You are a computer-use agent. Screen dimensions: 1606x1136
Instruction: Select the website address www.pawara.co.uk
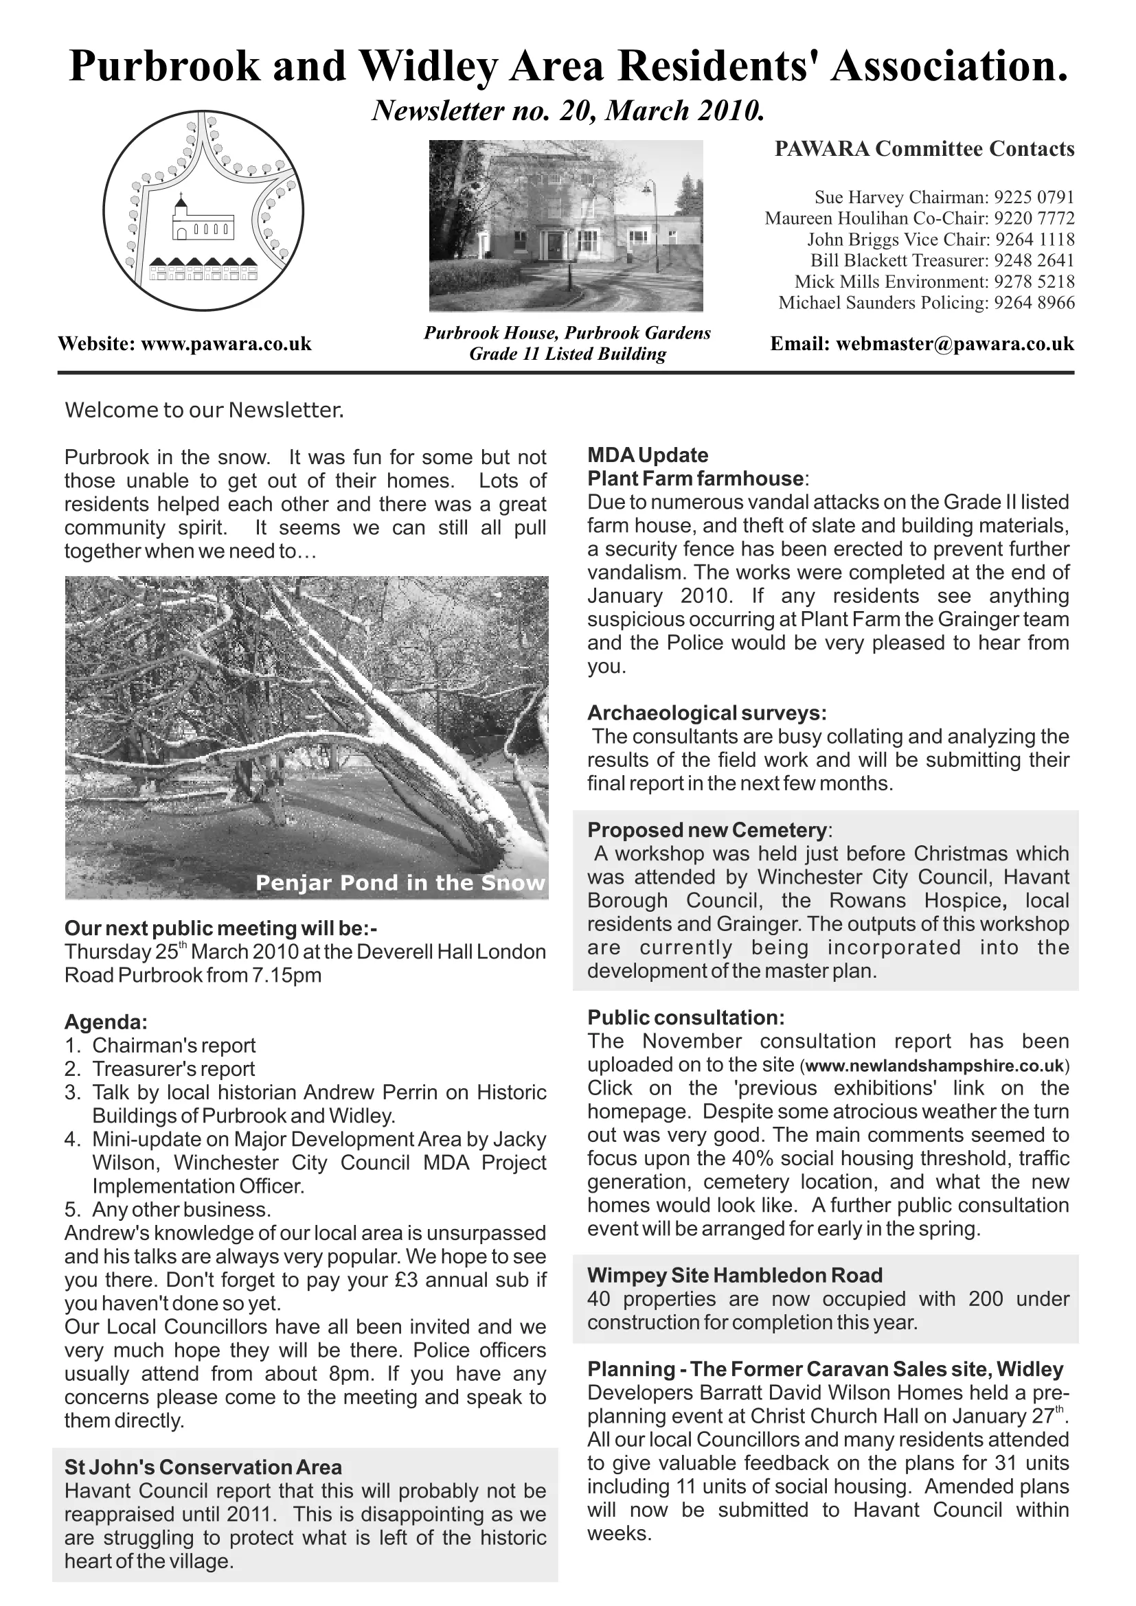click(226, 344)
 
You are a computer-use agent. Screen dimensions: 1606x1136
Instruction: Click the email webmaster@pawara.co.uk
click(955, 344)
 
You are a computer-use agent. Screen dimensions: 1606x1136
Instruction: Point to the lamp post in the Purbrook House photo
click(655, 224)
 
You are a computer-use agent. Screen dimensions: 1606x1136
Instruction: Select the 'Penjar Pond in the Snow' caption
click(400, 883)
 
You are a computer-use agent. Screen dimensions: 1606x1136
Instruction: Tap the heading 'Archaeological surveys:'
click(707, 713)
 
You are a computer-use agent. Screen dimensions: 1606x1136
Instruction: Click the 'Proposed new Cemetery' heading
click(707, 830)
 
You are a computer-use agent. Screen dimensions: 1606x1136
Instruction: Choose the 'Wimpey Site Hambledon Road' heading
click(734, 1275)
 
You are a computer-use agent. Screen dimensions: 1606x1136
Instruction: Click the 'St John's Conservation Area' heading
click(203, 1467)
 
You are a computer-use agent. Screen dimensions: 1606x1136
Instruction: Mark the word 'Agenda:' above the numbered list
click(106, 1022)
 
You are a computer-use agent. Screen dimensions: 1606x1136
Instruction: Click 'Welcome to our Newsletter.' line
click(204, 410)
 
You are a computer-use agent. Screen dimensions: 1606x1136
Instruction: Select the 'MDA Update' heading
click(648, 455)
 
